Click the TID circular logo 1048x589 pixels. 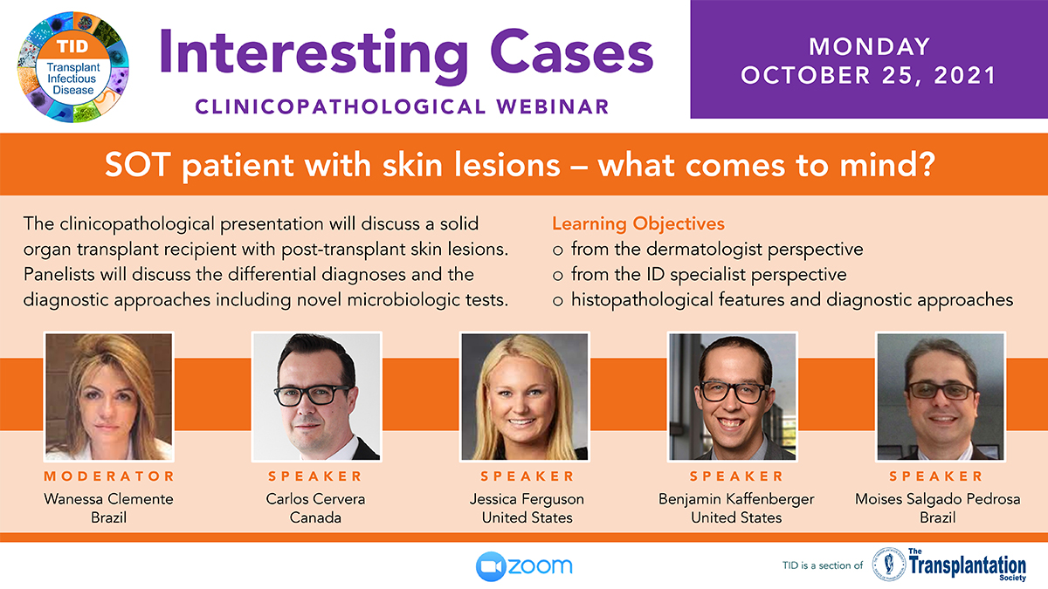coord(73,67)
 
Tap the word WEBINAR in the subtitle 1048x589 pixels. coord(553,106)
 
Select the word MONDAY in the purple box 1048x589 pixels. coord(869,47)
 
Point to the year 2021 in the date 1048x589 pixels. coord(965,76)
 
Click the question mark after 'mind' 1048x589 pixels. coord(926,165)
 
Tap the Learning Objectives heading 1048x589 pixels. coord(638,223)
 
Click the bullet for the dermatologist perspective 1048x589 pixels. coord(557,250)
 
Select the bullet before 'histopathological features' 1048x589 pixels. coord(557,300)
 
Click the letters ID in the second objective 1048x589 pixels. coord(656,274)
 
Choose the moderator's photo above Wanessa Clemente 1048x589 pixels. coord(108,396)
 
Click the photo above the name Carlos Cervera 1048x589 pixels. coord(317,396)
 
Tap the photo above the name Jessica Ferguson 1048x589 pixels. coord(525,396)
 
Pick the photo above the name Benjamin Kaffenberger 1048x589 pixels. coord(733,396)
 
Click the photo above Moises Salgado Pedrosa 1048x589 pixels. coord(941,396)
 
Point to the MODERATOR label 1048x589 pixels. coord(109,476)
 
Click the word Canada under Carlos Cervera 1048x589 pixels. coord(315,518)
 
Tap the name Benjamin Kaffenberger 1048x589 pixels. coord(736,499)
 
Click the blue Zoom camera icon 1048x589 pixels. coord(491,566)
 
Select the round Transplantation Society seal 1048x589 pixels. coord(889,565)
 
